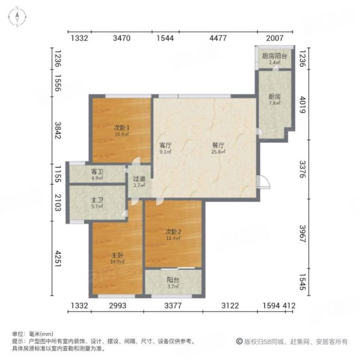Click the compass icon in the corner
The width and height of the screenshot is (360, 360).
[x=18, y=17]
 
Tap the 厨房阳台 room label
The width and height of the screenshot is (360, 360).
[x=274, y=59]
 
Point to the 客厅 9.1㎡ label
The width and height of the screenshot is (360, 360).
[x=166, y=148]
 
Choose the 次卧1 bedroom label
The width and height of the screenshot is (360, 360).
[x=122, y=130]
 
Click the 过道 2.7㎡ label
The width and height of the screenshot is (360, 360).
[x=139, y=181]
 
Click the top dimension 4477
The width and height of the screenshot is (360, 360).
[x=218, y=38]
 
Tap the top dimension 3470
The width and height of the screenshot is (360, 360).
[x=122, y=38]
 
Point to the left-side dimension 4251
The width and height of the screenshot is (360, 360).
[x=58, y=262]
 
